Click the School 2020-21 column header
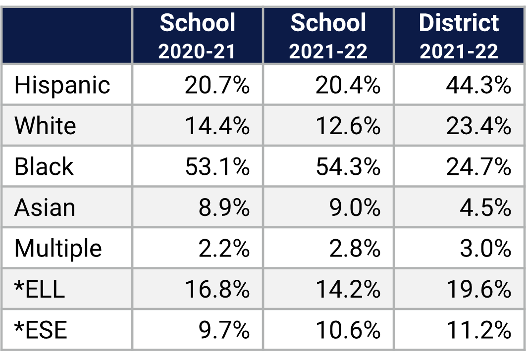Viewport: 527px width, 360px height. point(197,36)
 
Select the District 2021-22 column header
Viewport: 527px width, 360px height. point(459,36)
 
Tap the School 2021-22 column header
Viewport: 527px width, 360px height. point(328,36)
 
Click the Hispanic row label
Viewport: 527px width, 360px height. point(62,85)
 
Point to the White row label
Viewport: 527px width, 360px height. point(45,126)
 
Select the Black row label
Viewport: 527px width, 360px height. point(44,167)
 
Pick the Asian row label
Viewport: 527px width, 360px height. point(45,208)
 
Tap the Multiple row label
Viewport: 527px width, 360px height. point(58,248)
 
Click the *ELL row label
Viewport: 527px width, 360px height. point(40,289)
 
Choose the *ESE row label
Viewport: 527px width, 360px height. point(41,330)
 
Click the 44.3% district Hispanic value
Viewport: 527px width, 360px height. point(478,85)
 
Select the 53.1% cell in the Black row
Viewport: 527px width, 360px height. point(217,167)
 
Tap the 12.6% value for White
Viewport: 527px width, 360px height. point(348,126)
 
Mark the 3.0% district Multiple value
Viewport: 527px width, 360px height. point(485,248)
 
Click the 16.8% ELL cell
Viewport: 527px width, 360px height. point(217,289)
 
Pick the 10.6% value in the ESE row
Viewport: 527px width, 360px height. point(348,330)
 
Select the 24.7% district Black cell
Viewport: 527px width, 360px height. point(478,167)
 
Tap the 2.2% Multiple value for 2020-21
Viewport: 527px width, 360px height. point(224,248)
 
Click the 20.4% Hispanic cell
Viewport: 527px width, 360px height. point(348,85)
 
